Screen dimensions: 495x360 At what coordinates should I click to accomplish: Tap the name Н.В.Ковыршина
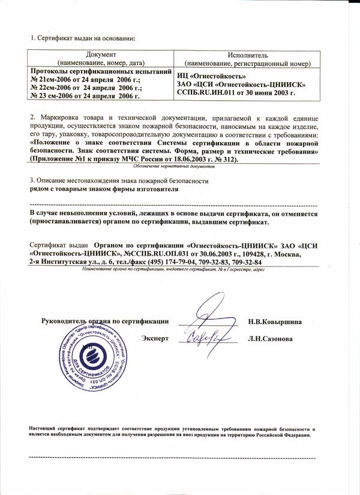click(x=275, y=322)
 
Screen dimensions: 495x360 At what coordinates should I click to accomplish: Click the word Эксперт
click(x=155, y=339)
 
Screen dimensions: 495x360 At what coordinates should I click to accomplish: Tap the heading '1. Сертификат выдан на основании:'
click(x=83, y=38)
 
